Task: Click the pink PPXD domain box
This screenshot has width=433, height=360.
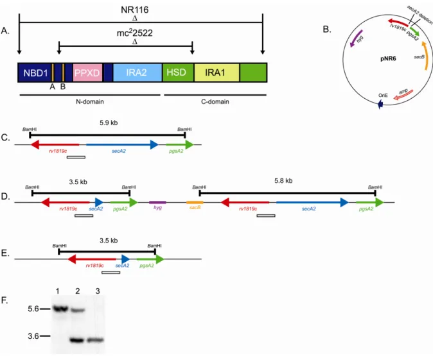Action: tap(87, 73)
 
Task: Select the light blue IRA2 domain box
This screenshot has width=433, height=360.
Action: tap(137, 73)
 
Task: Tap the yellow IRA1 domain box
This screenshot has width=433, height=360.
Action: tap(216, 73)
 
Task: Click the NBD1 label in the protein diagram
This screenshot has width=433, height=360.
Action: tap(35, 73)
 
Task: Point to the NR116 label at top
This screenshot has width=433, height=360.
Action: tap(135, 10)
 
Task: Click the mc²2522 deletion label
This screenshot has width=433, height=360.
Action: tap(135, 33)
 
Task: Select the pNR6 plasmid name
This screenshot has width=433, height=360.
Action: tap(388, 58)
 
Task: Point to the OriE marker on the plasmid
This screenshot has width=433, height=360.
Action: tap(380, 104)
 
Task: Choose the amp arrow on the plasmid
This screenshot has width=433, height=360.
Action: tap(403, 94)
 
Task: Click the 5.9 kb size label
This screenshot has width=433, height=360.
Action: tap(109, 123)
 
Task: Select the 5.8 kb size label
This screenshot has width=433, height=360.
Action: tap(283, 181)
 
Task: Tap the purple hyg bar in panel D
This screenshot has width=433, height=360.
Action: tap(157, 203)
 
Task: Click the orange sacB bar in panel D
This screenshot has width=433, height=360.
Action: tap(195, 203)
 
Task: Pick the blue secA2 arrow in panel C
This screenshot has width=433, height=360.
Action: tap(122, 144)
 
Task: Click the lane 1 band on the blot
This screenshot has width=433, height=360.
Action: tap(60, 309)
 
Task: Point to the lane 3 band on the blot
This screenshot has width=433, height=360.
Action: tap(96, 340)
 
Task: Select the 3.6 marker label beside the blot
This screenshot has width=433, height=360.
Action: tap(33, 336)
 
